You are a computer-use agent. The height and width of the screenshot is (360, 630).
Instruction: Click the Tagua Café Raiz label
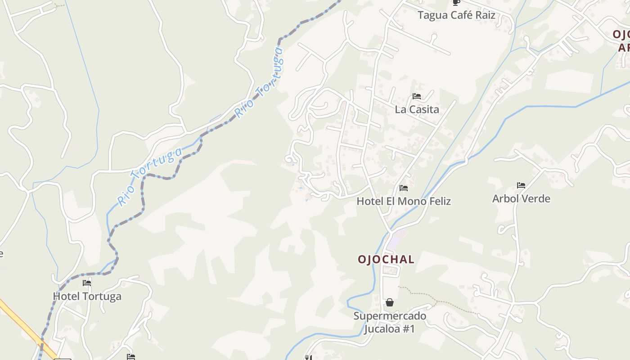point(456,15)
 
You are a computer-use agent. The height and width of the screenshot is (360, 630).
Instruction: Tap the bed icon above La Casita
point(416,96)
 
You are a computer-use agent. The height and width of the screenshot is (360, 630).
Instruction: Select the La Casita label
point(417,109)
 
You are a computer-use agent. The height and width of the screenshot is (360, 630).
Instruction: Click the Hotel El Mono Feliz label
point(403,201)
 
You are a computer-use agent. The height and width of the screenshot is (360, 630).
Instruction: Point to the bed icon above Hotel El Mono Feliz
point(403,188)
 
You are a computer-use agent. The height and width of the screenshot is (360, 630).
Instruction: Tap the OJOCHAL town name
point(386,260)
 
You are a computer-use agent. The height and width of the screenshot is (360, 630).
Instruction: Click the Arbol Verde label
point(521,198)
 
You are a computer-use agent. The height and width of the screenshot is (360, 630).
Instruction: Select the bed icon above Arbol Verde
point(521,185)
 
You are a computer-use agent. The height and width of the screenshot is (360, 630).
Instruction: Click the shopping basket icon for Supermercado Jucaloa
point(390,302)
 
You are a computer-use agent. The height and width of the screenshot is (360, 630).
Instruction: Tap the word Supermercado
point(390,316)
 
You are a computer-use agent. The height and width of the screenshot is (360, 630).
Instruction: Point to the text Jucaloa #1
point(389,329)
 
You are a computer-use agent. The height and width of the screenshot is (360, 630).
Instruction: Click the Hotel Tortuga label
point(87,297)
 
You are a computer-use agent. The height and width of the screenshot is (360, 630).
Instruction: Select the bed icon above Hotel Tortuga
point(87,283)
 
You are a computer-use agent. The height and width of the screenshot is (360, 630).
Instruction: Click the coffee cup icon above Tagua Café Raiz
point(456,2)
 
